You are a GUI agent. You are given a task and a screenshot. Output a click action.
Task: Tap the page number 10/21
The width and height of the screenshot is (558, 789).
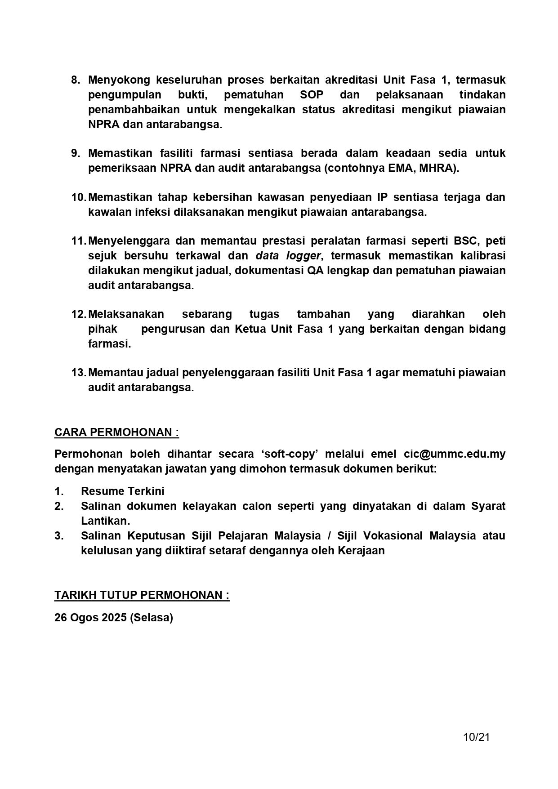click(476, 737)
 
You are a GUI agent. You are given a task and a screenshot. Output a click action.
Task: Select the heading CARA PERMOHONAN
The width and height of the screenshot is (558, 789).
click(116, 432)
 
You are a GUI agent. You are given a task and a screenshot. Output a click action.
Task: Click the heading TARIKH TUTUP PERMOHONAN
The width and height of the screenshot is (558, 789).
click(142, 595)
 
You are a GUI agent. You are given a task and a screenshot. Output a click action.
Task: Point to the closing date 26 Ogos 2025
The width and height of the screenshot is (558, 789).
click(90, 618)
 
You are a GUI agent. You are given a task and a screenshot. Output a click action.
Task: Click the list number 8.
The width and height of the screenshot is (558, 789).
click(76, 80)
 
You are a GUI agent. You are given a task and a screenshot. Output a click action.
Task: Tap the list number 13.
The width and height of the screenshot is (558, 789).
click(78, 373)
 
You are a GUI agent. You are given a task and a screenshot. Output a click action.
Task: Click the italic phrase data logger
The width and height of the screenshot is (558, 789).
click(288, 256)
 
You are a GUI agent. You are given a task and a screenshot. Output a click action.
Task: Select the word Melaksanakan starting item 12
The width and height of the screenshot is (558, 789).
click(126, 314)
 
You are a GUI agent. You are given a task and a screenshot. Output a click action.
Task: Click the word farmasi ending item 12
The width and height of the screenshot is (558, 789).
click(109, 344)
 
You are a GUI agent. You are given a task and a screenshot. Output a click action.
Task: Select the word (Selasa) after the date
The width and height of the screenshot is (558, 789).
click(151, 618)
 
